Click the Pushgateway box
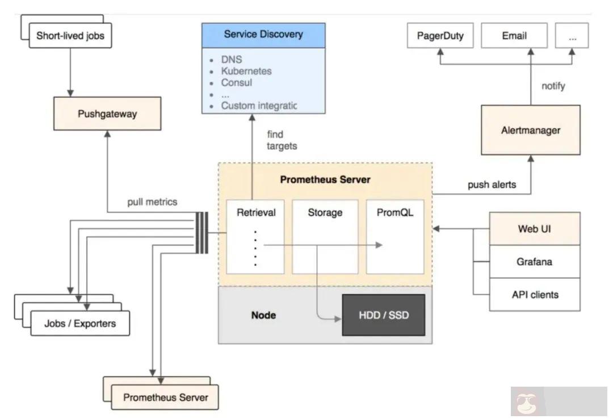(107, 114)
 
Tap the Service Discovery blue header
(264, 35)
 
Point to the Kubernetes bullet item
(246, 71)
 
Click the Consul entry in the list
(237, 82)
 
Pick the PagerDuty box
(440, 36)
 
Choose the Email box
(514, 36)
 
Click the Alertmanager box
(531, 130)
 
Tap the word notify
(553, 86)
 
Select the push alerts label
(492, 185)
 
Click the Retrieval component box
(255, 236)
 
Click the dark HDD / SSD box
(383, 315)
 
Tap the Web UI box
(535, 229)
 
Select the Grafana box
(535, 262)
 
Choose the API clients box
(535, 294)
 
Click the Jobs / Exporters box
(80, 324)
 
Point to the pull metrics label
(152, 202)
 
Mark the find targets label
(282, 140)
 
